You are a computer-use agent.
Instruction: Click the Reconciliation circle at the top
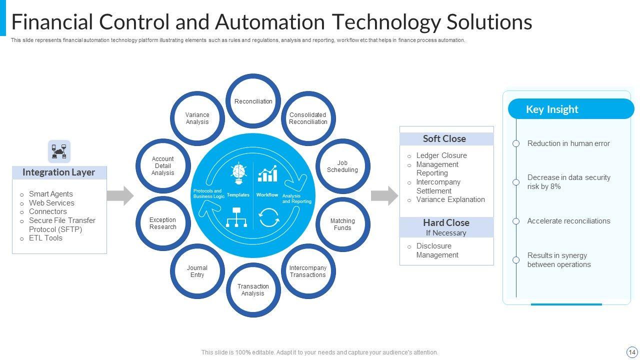coord(253,101)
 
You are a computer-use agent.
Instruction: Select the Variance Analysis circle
coord(197,118)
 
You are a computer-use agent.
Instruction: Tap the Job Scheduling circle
coord(342,166)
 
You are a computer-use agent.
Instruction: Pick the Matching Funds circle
coord(342,224)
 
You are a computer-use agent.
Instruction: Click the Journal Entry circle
coord(197,271)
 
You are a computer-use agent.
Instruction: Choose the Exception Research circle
coord(163,223)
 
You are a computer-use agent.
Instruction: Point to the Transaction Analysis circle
coord(253,290)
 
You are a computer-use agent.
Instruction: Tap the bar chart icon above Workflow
coord(267,173)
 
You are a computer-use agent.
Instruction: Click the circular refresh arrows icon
coord(269,217)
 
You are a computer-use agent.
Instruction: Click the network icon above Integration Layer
coord(59,151)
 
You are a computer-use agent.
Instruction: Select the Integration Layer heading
coord(59,172)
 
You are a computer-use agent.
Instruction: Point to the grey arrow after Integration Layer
coord(120,195)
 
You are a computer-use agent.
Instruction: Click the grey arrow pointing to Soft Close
coord(384,195)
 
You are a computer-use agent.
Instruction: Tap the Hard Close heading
coord(446,223)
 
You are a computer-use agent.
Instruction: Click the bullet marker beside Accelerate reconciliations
coord(516,221)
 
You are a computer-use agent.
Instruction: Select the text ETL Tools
coord(45,238)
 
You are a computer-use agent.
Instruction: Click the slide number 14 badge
coord(631,352)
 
